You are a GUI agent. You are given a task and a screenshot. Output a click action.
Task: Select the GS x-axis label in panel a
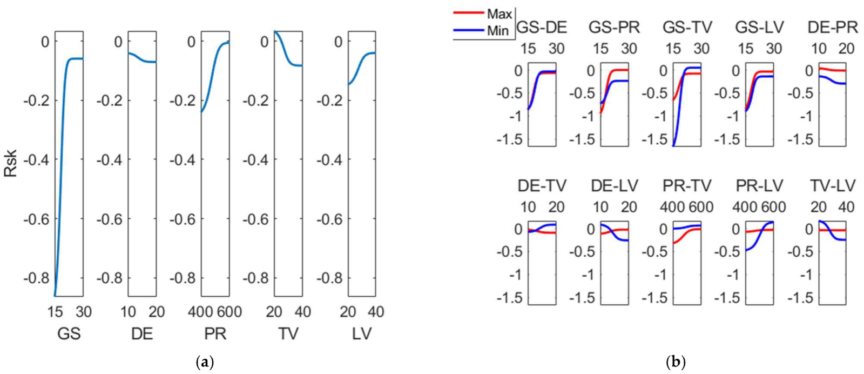69,334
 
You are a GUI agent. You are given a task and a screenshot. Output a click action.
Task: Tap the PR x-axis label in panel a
215,334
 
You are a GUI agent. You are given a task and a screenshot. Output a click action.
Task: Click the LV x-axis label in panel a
361,334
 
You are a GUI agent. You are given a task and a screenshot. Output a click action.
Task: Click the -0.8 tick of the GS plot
36,278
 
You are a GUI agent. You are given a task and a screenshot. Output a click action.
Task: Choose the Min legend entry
497,31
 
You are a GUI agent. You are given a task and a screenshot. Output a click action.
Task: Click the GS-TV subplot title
687,27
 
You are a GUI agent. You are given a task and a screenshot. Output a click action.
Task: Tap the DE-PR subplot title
832,27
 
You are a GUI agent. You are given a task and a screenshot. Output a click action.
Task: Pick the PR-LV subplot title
759,186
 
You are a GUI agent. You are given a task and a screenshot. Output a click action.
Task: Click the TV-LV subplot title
832,186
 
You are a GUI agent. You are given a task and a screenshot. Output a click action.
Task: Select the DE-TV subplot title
542,186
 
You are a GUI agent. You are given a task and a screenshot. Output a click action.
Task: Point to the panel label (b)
675,362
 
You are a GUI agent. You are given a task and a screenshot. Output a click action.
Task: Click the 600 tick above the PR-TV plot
701,207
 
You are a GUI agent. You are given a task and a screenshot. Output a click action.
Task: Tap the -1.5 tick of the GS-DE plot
510,139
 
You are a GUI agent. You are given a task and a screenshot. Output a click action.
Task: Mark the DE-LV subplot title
614,186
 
